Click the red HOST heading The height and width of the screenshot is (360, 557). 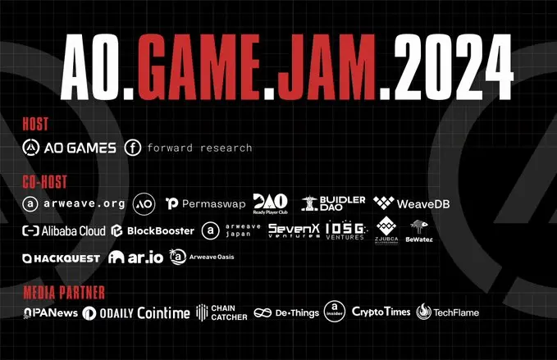tap(36, 125)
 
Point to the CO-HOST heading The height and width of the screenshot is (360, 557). tap(45, 181)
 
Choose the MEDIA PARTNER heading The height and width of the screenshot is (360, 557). tap(65, 292)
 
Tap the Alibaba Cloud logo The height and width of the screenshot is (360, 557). tap(64, 230)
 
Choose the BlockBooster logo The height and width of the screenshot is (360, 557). tap(153, 230)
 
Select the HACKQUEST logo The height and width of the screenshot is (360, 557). tap(62, 257)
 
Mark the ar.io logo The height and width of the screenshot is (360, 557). tap(131, 257)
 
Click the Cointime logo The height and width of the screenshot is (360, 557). tap(163, 312)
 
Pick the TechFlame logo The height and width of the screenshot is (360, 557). tap(447, 312)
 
